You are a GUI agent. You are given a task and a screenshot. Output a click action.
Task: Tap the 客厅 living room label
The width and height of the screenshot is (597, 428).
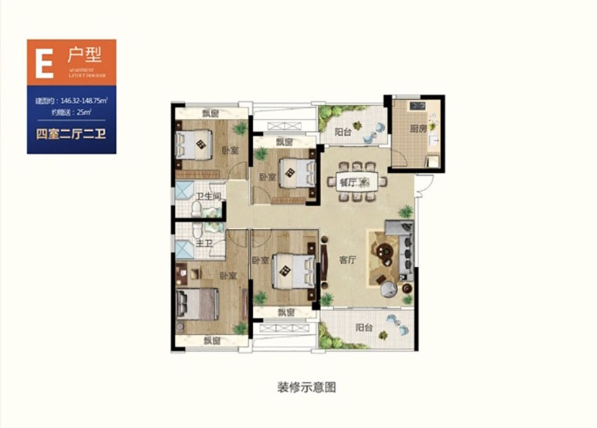pos(348,259)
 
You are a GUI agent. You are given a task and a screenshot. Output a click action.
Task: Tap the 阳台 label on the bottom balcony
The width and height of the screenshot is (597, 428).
pos(364,327)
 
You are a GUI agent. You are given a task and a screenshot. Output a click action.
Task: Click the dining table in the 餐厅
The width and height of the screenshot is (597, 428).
pos(358,182)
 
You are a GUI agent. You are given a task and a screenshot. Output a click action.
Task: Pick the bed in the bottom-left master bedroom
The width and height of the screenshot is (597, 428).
pos(197,304)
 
